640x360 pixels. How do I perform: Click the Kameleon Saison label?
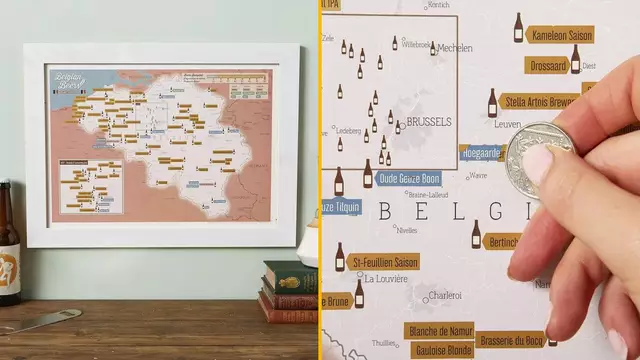561,35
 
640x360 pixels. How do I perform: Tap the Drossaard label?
549,66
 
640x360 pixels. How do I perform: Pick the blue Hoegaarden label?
482,153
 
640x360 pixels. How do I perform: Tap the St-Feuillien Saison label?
385,262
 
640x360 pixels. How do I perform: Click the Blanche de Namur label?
440,331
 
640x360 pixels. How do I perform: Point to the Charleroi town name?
444,296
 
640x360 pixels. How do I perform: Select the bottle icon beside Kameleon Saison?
518,28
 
